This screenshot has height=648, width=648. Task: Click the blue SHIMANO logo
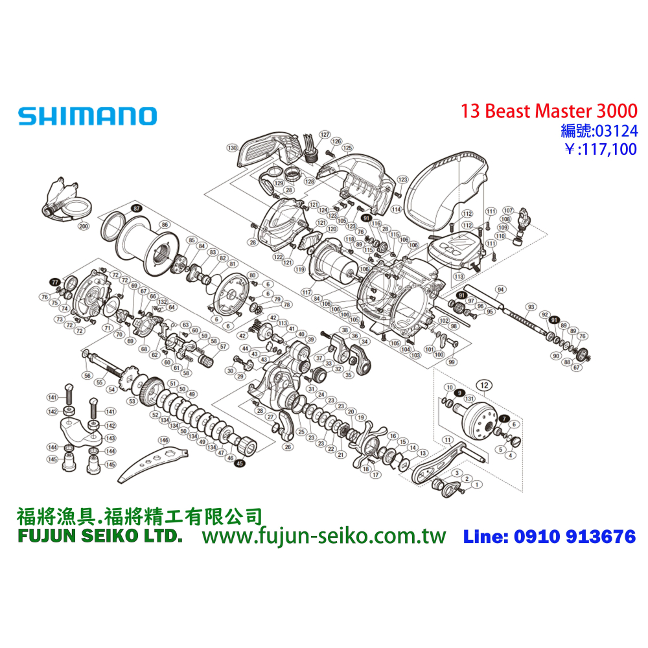tap(87, 117)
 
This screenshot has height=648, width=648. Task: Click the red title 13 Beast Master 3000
tap(549, 111)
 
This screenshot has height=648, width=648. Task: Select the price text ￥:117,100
tap(601, 150)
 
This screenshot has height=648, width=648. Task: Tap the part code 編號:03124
tap(599, 131)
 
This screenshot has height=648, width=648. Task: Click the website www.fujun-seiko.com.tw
tap(324, 536)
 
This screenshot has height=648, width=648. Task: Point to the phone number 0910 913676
tap(574, 537)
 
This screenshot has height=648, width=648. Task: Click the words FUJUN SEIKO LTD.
tap(98, 537)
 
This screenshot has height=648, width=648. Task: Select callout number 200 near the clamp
tap(83, 227)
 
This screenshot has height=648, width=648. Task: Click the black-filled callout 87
tap(135, 209)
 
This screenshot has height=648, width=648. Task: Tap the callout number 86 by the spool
tap(165, 225)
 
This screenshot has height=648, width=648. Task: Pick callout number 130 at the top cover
tap(231, 148)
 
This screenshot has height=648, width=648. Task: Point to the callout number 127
tap(324, 134)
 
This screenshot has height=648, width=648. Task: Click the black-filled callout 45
tap(240, 463)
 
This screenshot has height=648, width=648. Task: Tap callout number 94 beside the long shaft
tap(500, 289)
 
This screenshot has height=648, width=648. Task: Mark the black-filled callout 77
tap(55, 282)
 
